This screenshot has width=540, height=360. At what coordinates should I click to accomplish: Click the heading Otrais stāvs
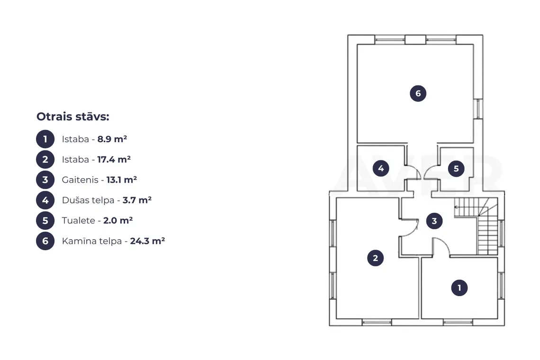72,117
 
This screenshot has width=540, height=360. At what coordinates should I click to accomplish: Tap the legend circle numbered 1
45,139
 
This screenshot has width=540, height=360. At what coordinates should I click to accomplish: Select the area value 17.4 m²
114,160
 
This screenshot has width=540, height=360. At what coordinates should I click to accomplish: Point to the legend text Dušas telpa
88,200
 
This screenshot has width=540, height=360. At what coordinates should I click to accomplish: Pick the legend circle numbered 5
45,220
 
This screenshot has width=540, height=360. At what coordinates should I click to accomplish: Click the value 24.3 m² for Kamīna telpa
147,241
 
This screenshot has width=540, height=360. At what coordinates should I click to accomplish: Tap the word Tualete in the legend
79,220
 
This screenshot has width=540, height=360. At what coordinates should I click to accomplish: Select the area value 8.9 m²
112,139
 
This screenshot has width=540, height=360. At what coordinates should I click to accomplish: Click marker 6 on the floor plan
418,93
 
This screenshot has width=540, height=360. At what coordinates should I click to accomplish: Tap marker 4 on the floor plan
381,169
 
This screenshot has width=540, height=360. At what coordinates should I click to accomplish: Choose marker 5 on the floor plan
456,169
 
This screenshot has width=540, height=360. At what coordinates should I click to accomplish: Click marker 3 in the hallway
434,221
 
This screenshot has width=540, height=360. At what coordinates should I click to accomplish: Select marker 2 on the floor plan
375,258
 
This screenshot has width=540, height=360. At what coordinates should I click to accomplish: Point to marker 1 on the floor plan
459,288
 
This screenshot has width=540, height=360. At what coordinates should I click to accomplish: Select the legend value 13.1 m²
122,180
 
